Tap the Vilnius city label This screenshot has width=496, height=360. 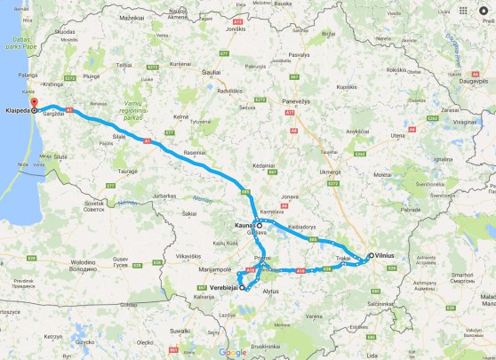[x=388, y=256]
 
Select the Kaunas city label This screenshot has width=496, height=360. [x=244, y=226]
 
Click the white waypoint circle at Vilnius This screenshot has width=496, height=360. [x=369, y=256]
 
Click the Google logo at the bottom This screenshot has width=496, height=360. [x=233, y=353]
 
